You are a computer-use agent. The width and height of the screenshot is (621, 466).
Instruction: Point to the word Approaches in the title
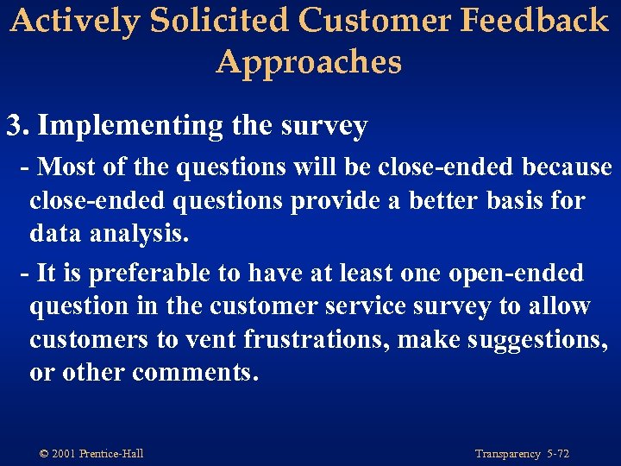pos(310,62)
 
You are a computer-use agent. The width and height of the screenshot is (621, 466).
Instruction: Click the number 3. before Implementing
pos(18,126)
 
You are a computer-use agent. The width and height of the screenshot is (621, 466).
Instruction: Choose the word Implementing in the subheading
pos(131,126)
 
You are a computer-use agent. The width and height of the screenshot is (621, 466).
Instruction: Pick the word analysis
pos(137,235)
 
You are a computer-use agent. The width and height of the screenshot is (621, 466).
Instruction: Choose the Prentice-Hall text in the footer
pos(111,454)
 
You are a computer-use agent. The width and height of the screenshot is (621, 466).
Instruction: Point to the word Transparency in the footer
pos(508,454)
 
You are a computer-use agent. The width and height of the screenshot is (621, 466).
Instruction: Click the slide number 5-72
pos(558,454)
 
